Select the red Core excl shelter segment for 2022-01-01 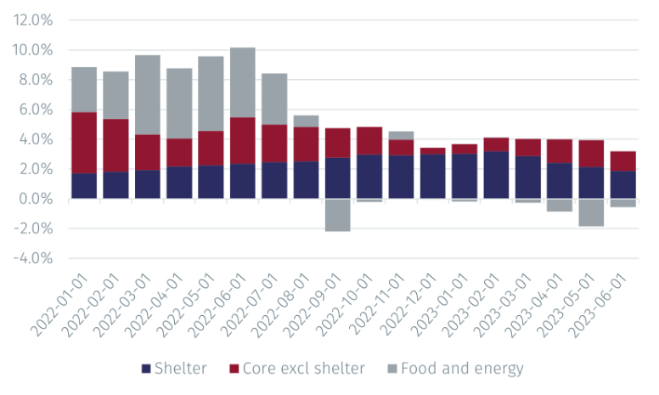coord(84,143)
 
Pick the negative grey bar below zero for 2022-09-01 coord(338,215)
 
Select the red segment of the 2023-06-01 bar coord(623,161)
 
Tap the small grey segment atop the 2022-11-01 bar coord(402,136)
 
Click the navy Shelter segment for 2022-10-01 coord(369,177)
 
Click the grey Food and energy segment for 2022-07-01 coord(274,99)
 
